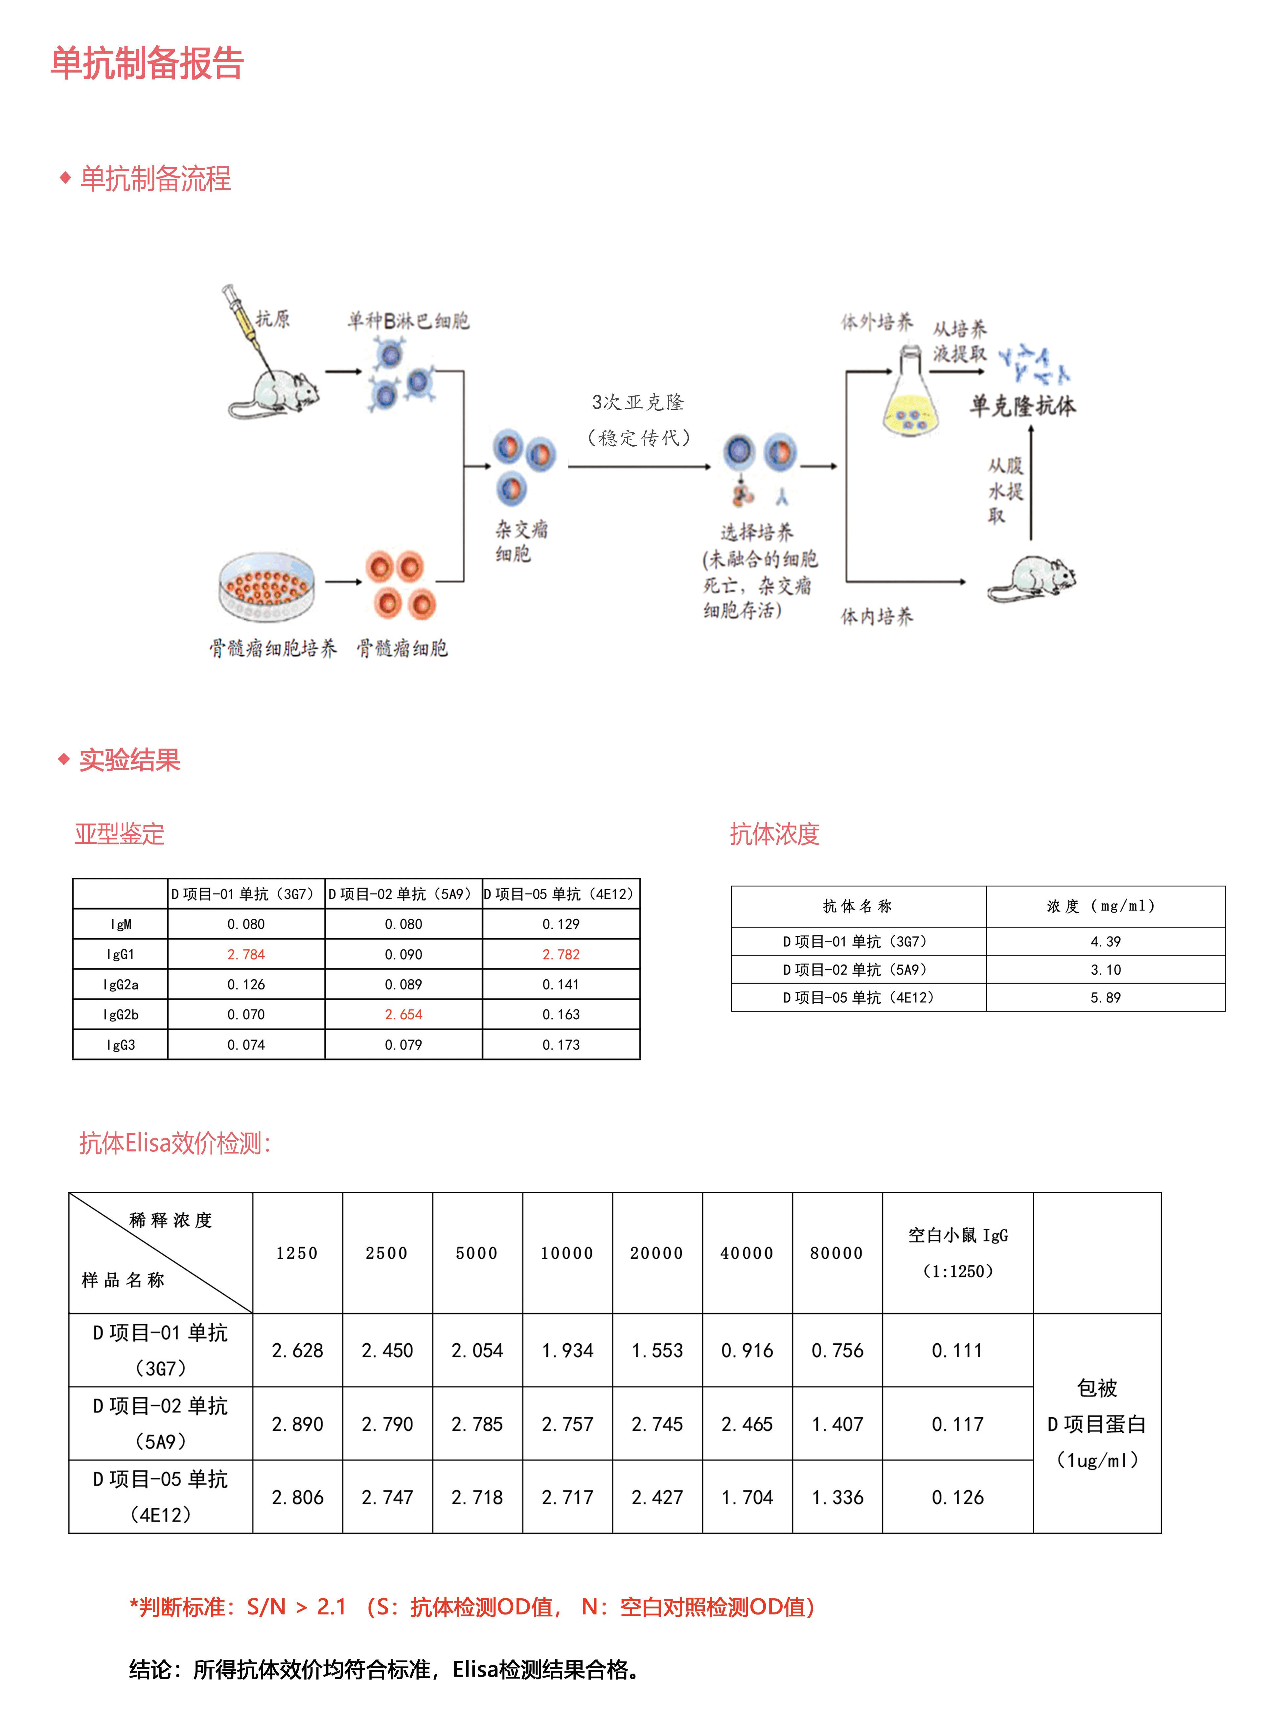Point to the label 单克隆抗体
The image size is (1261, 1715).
(1023, 405)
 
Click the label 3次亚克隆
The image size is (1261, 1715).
(638, 402)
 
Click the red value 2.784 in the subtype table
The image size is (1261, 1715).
(246, 954)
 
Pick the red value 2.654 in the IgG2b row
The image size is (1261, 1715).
(403, 1014)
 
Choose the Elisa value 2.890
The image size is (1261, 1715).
(298, 1424)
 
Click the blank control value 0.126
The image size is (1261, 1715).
(957, 1497)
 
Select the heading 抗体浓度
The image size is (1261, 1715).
(774, 833)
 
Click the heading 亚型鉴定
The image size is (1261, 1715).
(119, 833)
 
